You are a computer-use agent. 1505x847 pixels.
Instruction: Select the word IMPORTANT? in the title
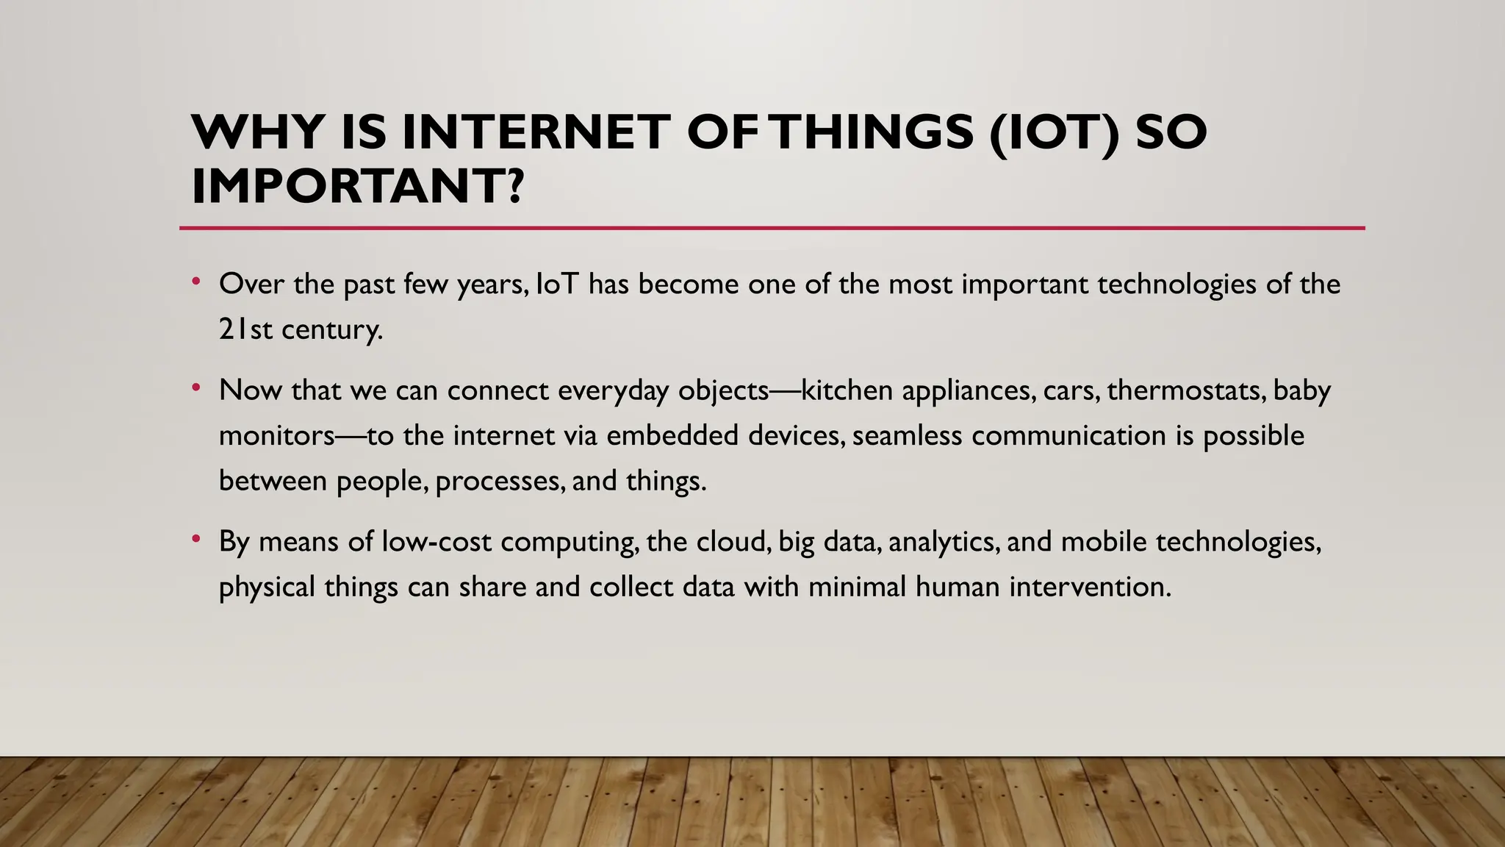click(358, 186)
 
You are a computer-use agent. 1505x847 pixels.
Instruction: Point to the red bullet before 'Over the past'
click(196, 281)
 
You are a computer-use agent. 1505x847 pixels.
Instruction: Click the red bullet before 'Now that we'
click(196, 387)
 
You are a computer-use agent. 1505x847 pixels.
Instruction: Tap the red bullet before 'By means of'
click(196, 538)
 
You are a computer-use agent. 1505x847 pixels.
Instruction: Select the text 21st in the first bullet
click(245, 329)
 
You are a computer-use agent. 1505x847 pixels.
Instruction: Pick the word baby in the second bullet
click(1301, 390)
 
